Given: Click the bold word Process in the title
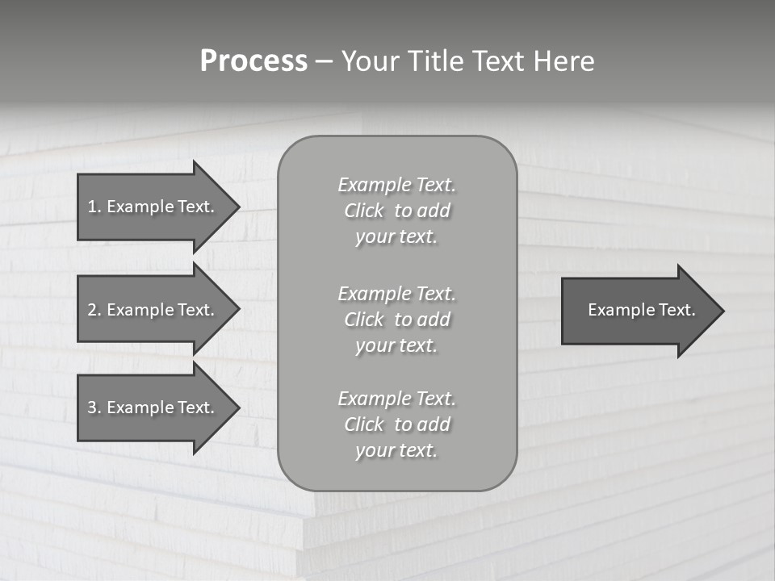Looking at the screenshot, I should (253, 61).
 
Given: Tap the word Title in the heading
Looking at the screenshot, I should (434, 61).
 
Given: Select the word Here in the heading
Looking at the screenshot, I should (563, 61).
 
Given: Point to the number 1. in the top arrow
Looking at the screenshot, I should (94, 207).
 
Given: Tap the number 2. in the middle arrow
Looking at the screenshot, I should (94, 310).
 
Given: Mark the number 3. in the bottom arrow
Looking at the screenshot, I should (94, 408).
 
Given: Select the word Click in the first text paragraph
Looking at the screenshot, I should (364, 211).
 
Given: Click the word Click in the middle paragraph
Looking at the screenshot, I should (364, 320).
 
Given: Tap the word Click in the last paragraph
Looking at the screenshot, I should (364, 424).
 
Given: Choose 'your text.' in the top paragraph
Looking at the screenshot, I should (396, 237).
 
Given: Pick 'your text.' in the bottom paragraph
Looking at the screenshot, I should (396, 450).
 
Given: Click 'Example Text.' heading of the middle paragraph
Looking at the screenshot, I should (397, 294).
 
